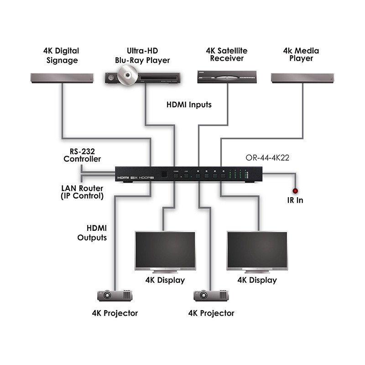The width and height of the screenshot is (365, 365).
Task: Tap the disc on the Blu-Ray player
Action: (126, 73)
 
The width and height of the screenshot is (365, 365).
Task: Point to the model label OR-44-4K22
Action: (267, 159)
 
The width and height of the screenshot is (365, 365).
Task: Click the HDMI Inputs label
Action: (188, 104)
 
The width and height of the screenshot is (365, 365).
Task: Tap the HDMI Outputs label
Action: (92, 233)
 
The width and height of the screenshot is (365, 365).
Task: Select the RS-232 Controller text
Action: (82, 155)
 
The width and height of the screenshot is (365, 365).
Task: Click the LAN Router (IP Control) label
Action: (82, 192)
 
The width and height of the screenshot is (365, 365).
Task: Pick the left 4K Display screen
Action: (165, 251)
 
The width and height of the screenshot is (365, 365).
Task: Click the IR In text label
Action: (295, 200)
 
